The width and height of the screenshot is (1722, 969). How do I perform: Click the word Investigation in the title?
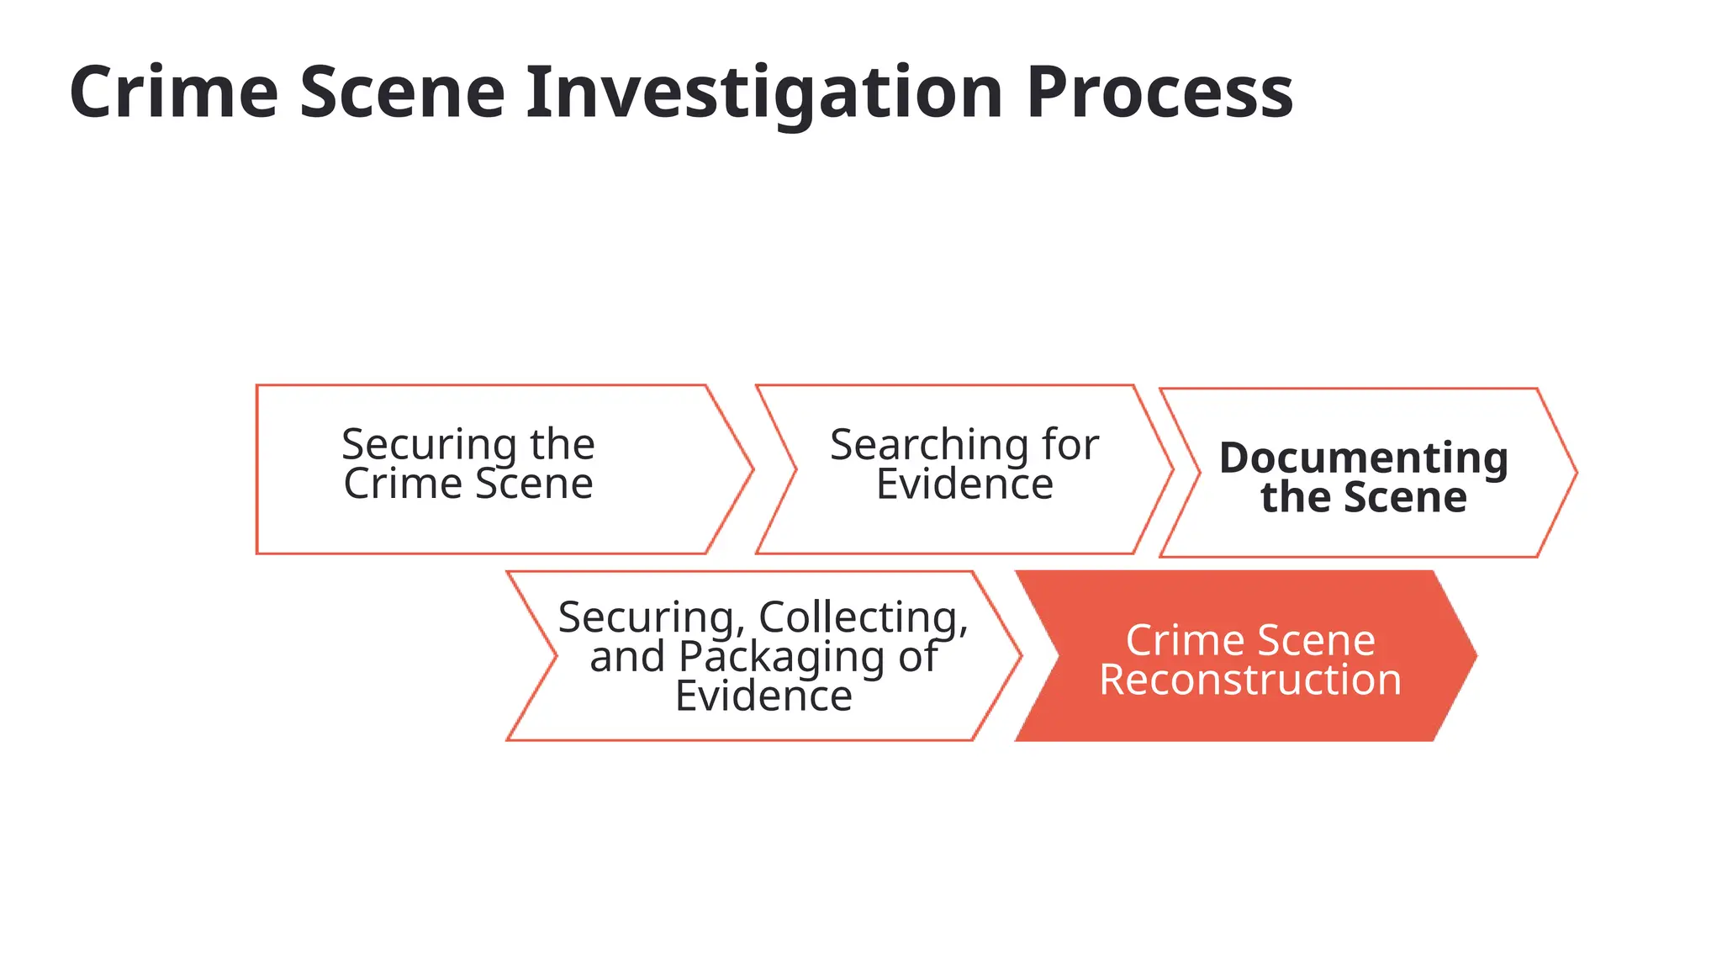[x=764, y=93]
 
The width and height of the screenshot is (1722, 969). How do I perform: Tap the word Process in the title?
[x=1159, y=93]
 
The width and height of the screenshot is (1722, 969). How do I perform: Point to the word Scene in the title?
[x=402, y=93]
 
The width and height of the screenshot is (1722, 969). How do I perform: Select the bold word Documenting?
[x=1363, y=458]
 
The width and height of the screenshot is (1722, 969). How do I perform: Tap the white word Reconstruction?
[x=1250, y=680]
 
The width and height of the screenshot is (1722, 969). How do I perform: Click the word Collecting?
[x=864, y=617]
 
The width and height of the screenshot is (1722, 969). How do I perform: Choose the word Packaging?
[x=781, y=657]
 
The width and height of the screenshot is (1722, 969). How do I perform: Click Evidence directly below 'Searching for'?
[x=964, y=484]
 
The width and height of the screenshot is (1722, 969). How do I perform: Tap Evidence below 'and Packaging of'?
[x=763, y=696]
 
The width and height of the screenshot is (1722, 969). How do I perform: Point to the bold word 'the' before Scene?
[x=1296, y=497]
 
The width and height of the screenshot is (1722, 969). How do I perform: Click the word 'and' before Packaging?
[x=627, y=657]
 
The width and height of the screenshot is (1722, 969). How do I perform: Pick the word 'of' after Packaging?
[x=917, y=657]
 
